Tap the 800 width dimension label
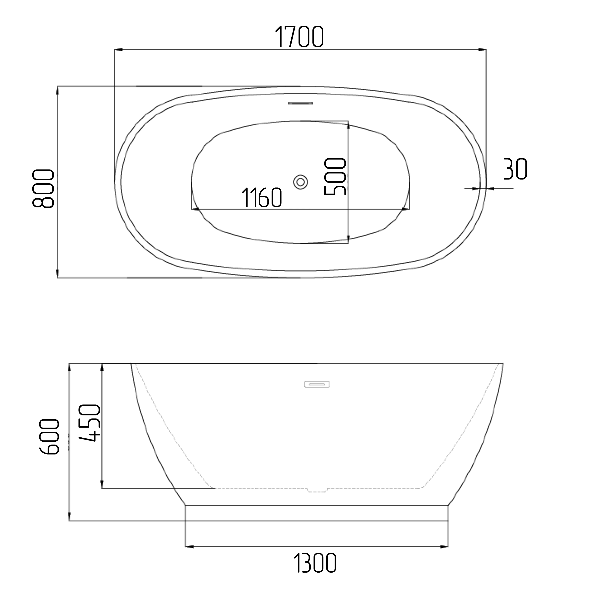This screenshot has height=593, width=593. (x=43, y=189)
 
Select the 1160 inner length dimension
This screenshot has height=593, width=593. (x=262, y=197)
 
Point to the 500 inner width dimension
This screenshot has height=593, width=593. (x=335, y=176)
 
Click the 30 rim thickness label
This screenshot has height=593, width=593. (x=515, y=169)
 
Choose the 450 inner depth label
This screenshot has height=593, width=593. (x=90, y=423)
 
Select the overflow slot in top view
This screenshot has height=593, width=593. (x=300, y=103)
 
